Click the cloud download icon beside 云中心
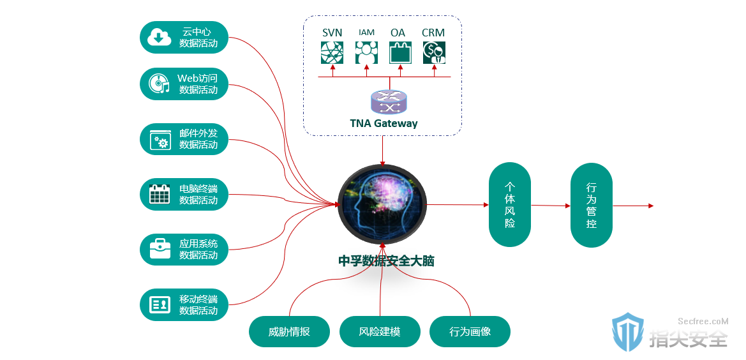tap(159, 37)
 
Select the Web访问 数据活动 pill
tap(184, 84)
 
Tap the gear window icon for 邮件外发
tap(160, 140)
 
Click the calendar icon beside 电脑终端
tap(160, 194)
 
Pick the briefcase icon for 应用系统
tap(160, 249)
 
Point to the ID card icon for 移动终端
tap(160, 304)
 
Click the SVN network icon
tap(332, 52)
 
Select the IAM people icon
tap(366, 52)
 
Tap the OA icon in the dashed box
tap(401, 52)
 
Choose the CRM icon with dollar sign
tap(435, 52)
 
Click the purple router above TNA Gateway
tap(389, 102)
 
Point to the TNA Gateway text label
tap(384, 124)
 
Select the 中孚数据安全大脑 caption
tap(386, 261)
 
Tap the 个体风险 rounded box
tap(510, 204)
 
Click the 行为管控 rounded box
tap(592, 205)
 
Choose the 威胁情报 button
tap(289, 331)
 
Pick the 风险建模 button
tap(380, 331)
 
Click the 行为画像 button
tap(470, 331)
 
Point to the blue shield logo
tap(628, 332)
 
